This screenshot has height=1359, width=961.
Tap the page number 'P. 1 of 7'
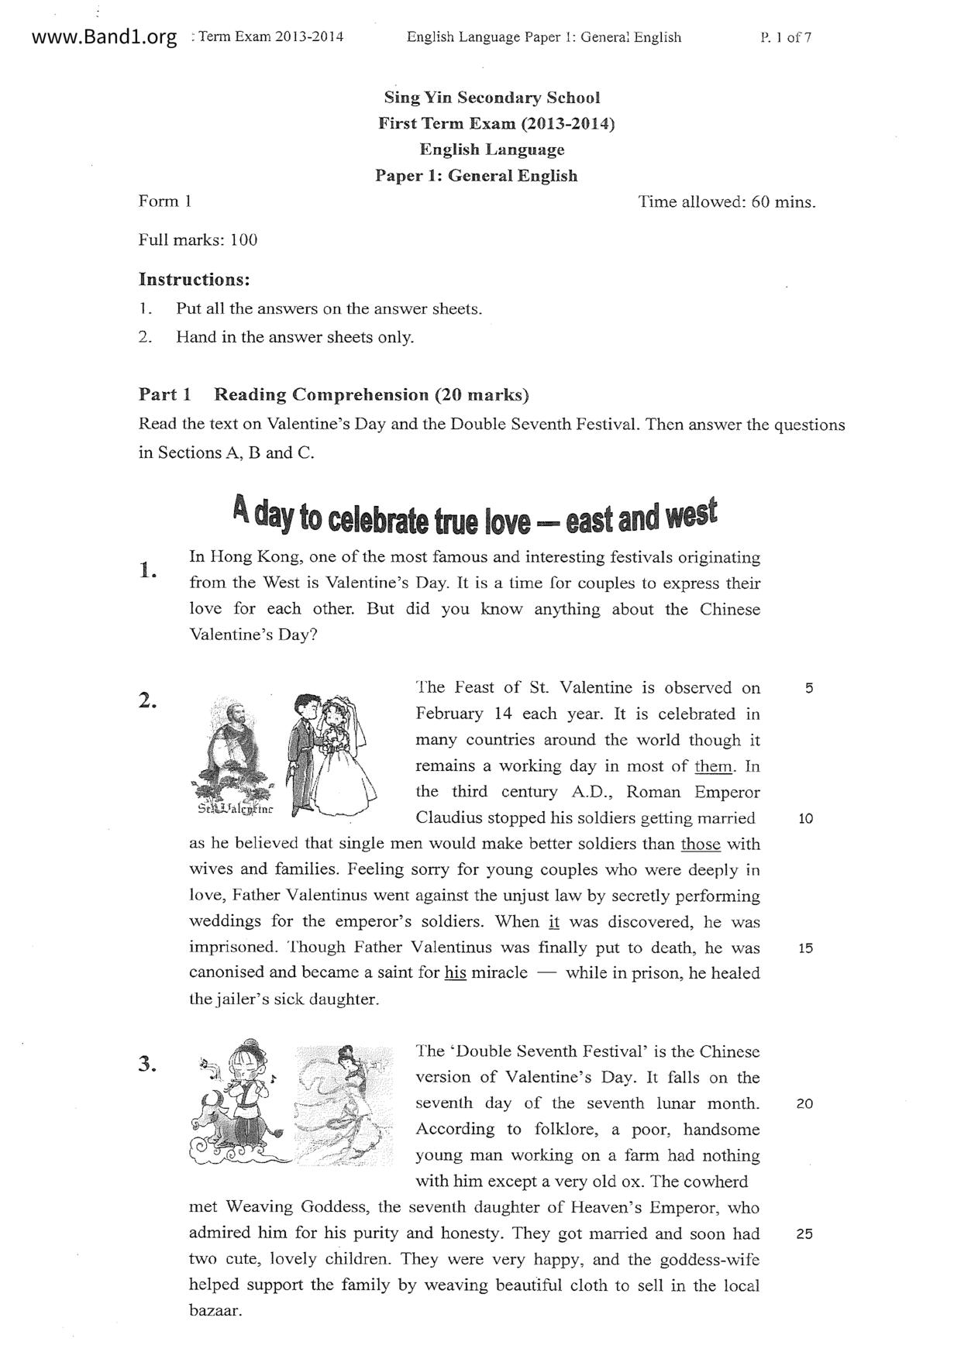pos(786,37)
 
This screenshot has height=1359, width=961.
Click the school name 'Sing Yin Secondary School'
pos(492,98)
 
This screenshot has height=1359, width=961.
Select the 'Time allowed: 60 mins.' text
pos(727,202)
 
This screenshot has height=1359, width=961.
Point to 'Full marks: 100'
pos(198,239)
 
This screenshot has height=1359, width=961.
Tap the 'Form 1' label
pos(164,201)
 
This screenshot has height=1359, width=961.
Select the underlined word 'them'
pos(714,766)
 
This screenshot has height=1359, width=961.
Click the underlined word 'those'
pos(701,844)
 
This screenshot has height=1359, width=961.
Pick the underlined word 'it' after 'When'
pos(553,922)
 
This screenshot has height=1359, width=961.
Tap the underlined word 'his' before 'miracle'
pos(455,973)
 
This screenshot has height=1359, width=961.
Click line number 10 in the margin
pos(804,818)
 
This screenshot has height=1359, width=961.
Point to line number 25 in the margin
pos(804,1234)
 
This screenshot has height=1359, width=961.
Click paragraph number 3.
pos(147,1064)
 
